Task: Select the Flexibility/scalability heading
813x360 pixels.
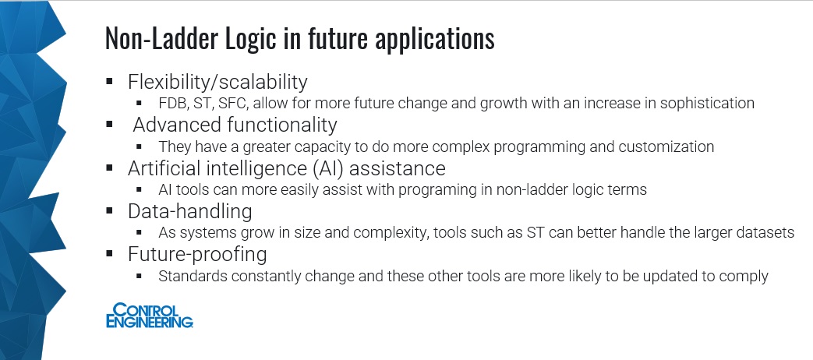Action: [217, 82]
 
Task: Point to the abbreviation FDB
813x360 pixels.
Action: [172, 103]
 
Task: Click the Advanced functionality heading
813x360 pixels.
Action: [235, 125]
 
